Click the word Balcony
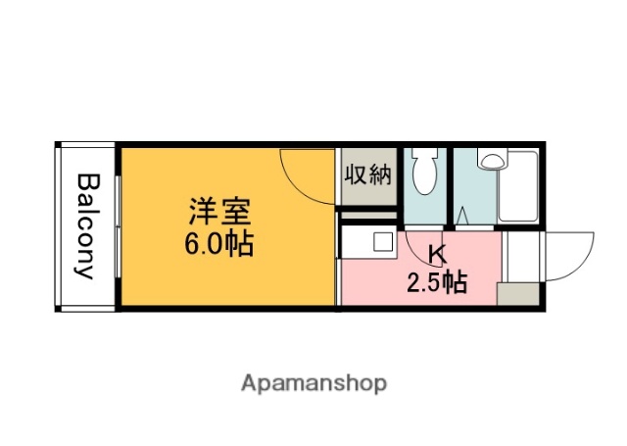(x=87, y=226)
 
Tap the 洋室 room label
(x=219, y=211)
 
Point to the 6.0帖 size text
(x=219, y=243)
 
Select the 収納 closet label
(x=367, y=175)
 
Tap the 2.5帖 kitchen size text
(x=437, y=283)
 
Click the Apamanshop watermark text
(x=313, y=382)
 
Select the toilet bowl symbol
(x=424, y=173)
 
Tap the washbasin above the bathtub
(x=491, y=158)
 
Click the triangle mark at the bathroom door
(x=459, y=213)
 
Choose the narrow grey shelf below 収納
(x=367, y=215)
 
